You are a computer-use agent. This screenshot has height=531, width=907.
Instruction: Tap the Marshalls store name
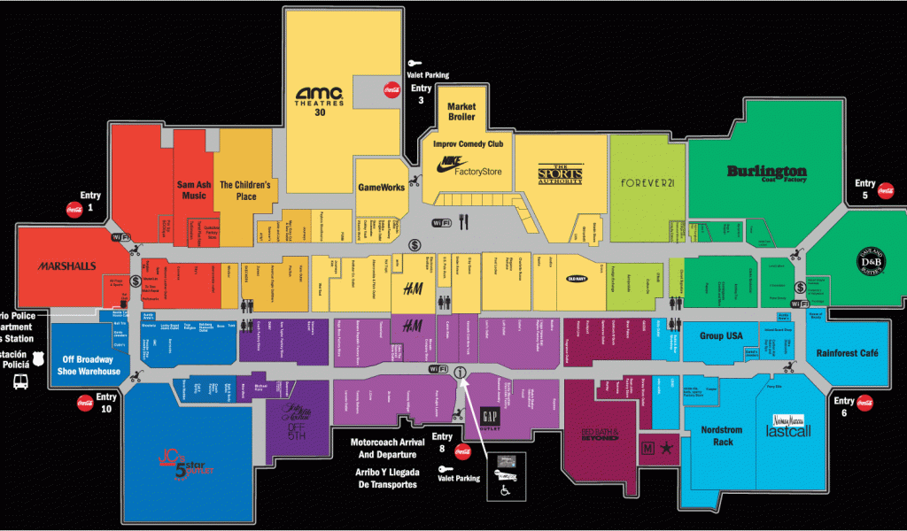tap(66, 265)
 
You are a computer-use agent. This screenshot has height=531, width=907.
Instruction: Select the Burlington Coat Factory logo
tap(766, 173)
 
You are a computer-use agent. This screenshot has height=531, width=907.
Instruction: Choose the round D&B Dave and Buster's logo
tap(872, 258)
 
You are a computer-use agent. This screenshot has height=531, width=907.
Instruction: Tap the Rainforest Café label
tap(848, 353)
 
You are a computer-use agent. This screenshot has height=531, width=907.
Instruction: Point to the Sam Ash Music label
tap(191, 190)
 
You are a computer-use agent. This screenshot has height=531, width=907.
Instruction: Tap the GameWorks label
tap(381, 188)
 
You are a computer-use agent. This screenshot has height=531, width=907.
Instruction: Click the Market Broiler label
tap(461, 112)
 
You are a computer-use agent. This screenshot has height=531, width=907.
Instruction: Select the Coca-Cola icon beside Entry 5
tap(885, 190)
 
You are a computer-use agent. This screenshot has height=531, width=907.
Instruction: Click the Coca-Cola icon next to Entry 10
tap(85, 403)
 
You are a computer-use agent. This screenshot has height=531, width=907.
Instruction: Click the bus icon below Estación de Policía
tap(19, 382)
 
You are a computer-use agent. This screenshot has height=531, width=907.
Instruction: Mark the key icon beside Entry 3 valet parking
tap(414, 63)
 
